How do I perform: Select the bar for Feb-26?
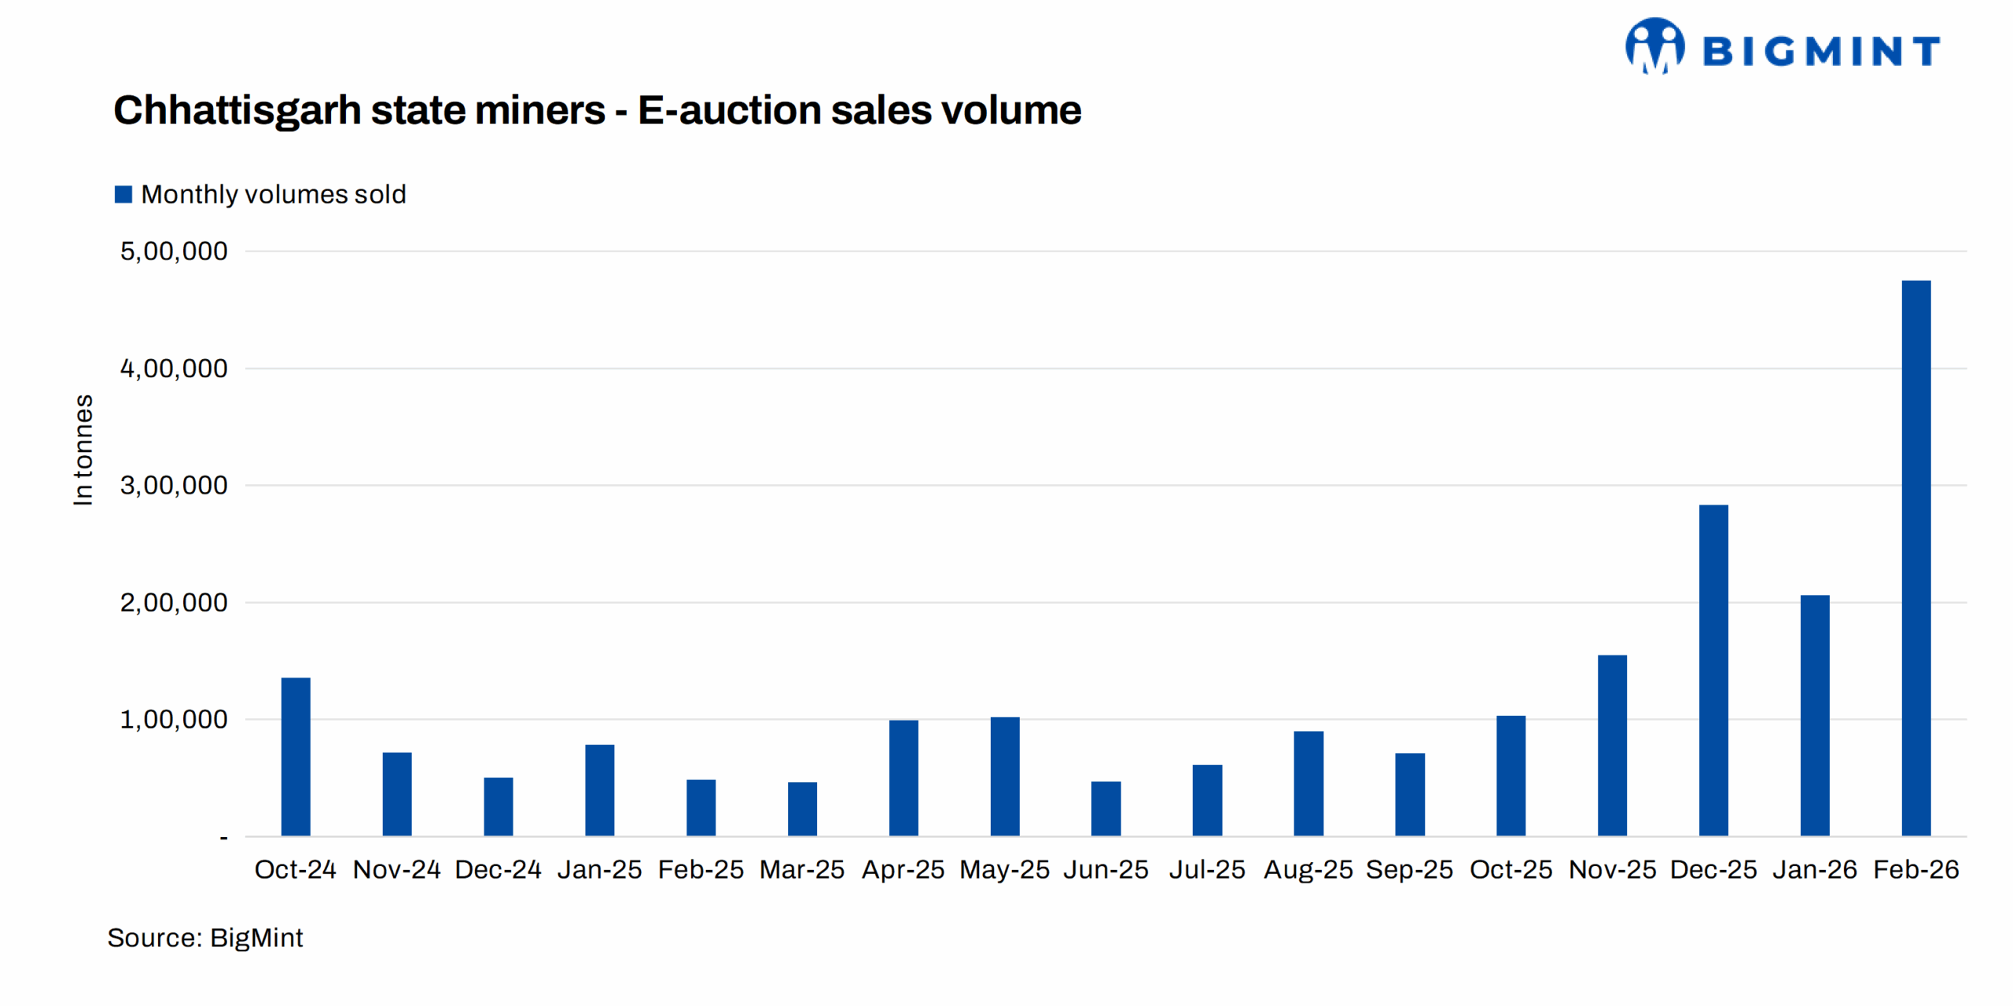tap(1915, 558)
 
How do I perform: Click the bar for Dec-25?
tap(1713, 670)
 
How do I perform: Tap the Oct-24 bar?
tap(296, 756)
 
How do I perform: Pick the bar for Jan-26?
tap(1814, 715)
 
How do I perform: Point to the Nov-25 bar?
tap(1612, 745)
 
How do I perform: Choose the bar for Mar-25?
tap(802, 808)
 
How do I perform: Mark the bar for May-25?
tap(1004, 776)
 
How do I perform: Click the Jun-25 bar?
tap(1106, 808)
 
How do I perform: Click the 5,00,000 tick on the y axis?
tap(174, 251)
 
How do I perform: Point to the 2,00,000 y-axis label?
tap(174, 603)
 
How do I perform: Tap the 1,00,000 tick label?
tap(174, 719)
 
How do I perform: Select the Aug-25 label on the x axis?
tap(1308, 869)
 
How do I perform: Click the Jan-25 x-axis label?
tap(599, 869)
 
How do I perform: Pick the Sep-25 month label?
tap(1409, 869)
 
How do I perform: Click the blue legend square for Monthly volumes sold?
tap(123, 194)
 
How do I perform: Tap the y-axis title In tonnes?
tap(83, 450)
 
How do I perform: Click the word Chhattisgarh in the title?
tap(237, 110)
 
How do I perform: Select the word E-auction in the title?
tap(728, 110)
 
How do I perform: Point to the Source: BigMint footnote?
tap(205, 938)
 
